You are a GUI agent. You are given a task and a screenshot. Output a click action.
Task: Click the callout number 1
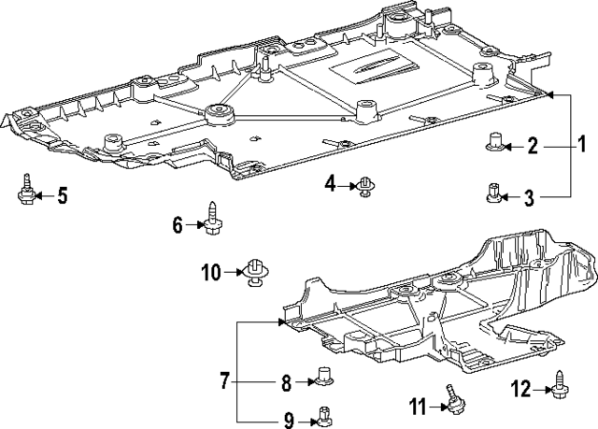tap(580, 145)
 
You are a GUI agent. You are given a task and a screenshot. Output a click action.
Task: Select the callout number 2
tap(532, 145)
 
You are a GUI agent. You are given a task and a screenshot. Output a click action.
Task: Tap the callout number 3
tap(529, 196)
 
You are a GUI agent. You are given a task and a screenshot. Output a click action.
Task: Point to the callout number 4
tap(330, 184)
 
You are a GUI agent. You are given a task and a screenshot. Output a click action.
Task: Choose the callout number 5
tap(62, 195)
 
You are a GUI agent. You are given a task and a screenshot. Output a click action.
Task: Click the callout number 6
tap(178, 223)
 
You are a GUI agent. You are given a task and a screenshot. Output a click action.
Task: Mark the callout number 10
tap(210, 272)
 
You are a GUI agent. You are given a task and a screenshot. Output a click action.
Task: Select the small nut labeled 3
tap(492, 194)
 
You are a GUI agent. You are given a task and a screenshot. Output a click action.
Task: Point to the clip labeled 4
tap(365, 187)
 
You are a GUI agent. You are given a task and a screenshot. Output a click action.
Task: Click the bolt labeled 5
tap(24, 190)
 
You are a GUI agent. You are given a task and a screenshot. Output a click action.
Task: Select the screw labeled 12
tap(559, 382)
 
